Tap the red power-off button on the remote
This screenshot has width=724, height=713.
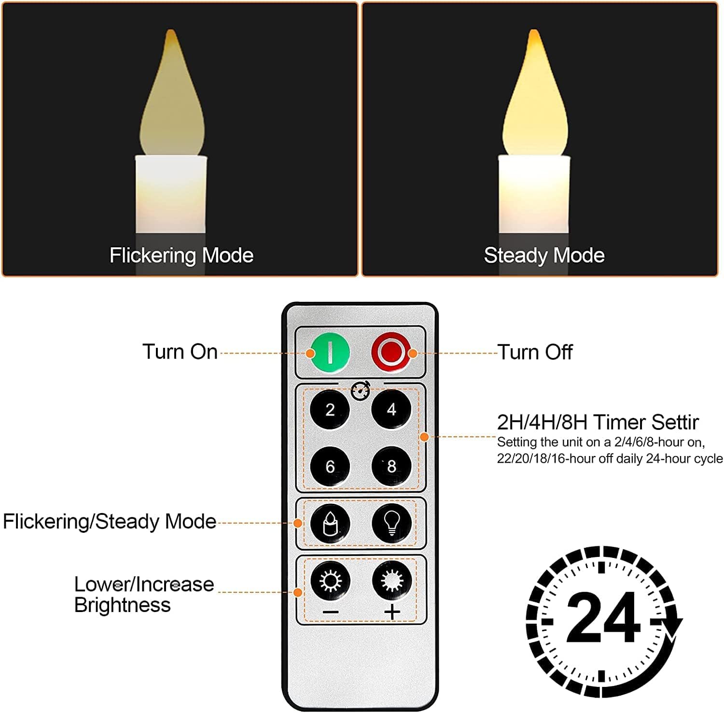[x=390, y=352]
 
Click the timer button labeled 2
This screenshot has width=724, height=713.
[x=330, y=410]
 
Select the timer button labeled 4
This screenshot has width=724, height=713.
[x=391, y=410]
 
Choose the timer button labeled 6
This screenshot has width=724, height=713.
[x=330, y=466]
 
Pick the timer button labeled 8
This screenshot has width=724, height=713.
[x=391, y=466]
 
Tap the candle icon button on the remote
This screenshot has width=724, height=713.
[x=330, y=523]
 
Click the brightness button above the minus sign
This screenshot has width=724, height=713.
[x=330, y=580]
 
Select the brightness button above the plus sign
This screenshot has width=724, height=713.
[x=391, y=580]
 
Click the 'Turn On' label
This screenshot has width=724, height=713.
[x=180, y=352]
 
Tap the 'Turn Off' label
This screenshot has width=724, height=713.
[x=535, y=352]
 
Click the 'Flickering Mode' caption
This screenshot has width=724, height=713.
[x=181, y=255]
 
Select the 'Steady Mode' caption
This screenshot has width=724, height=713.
[x=544, y=255]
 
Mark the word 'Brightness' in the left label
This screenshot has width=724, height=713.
[x=123, y=605]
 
